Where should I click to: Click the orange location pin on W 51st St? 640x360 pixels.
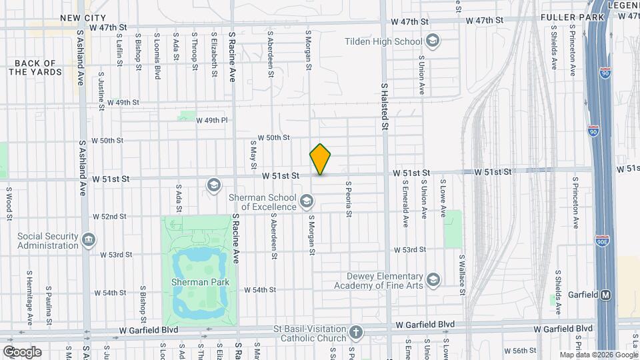pyautogui.click(x=321, y=159)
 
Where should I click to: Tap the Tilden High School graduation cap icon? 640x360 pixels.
pyautogui.click(x=433, y=41)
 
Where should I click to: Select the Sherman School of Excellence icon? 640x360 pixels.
pyautogui.click(x=307, y=201)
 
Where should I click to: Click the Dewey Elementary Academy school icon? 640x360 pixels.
pyautogui.click(x=433, y=279)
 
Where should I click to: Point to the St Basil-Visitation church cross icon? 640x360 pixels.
pyautogui.click(x=357, y=332)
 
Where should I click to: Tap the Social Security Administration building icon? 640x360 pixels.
pyautogui.click(x=89, y=239)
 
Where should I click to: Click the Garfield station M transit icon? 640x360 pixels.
pyautogui.click(x=606, y=295)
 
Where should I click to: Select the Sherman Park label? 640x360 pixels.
pyautogui.click(x=200, y=282)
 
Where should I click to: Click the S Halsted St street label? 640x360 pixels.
pyautogui.click(x=385, y=103)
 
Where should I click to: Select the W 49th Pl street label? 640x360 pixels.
pyautogui.click(x=212, y=121)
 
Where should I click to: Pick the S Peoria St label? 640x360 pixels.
pyautogui.click(x=348, y=199)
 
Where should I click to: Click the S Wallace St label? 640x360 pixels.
pyautogui.click(x=461, y=271)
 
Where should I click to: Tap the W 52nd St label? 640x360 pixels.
pyautogui.click(x=109, y=217)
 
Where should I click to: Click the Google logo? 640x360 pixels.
pyautogui.click(x=22, y=351)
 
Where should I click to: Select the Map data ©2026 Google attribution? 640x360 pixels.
pyautogui.click(x=597, y=355)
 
